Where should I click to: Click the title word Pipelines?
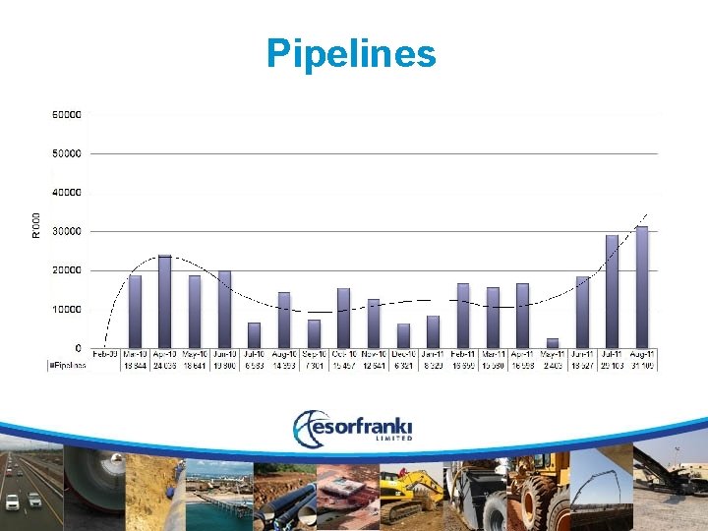click(351, 53)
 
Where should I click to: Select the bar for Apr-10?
click(164, 301)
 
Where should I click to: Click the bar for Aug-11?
click(642, 287)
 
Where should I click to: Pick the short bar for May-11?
click(553, 343)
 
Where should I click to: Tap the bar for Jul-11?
click(612, 291)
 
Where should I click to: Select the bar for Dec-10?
click(403, 335)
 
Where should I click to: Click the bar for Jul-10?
click(254, 335)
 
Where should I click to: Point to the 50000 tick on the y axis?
click(67, 153)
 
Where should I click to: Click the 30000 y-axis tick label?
click(67, 231)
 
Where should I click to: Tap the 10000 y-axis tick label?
click(67, 309)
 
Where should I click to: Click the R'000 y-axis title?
click(36, 224)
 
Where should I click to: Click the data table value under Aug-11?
click(642, 365)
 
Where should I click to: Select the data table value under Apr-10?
click(164, 365)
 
